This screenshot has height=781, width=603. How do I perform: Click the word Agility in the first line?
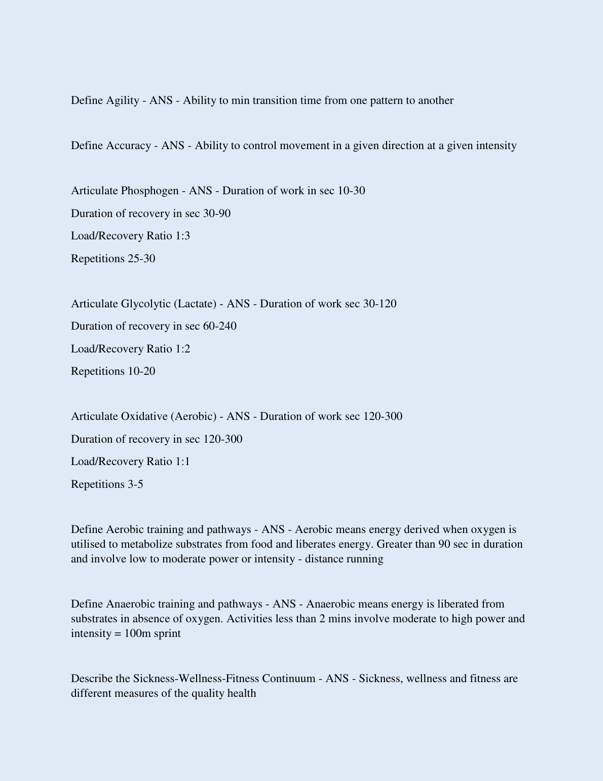pyautogui.click(x=122, y=100)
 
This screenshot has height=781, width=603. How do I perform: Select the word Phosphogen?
pyautogui.click(x=149, y=191)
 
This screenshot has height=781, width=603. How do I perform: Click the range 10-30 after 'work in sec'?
pyautogui.click(x=351, y=191)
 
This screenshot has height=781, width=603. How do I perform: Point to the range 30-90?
pyautogui.click(x=217, y=214)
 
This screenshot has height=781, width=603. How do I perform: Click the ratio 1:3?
pyautogui.click(x=182, y=236)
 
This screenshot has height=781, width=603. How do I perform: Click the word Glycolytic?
pyautogui.click(x=145, y=304)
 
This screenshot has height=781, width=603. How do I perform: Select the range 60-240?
pyautogui.click(x=219, y=326)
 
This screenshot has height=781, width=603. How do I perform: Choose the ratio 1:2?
pyautogui.click(x=182, y=349)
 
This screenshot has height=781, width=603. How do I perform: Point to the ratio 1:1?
pyautogui.click(x=182, y=461)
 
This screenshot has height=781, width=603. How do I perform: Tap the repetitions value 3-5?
pyautogui.click(x=135, y=484)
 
